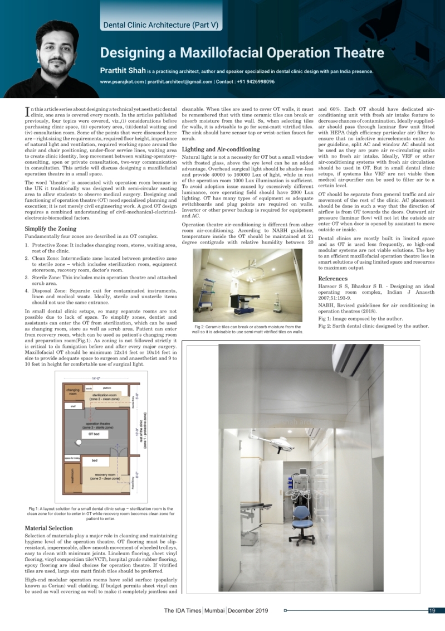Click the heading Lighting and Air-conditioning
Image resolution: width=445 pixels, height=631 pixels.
221,149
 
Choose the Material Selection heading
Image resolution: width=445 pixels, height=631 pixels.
49,528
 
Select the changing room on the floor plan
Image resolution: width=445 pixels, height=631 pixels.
73,392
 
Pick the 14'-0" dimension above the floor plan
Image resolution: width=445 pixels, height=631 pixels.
99,379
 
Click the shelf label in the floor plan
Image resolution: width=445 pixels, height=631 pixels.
72,406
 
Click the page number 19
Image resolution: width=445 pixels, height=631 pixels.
432,610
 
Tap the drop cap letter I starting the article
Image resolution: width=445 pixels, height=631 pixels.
28,111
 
